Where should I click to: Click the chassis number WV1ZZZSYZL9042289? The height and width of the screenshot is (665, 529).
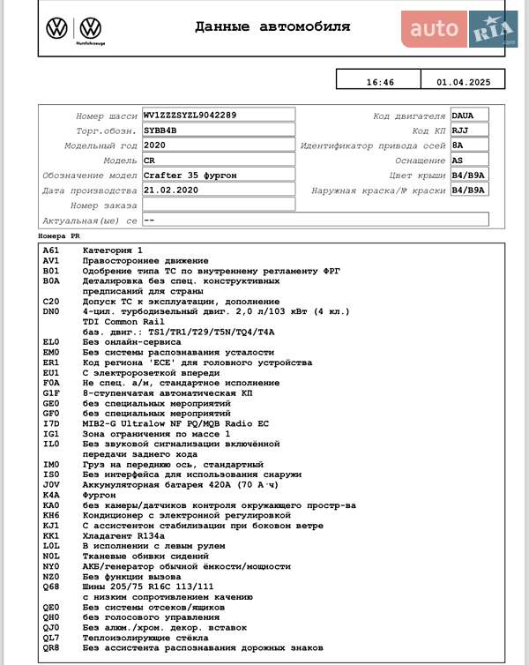coord(190,115)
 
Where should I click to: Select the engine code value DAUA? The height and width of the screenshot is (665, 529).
coord(462,115)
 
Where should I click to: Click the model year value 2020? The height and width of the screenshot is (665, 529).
coord(154,145)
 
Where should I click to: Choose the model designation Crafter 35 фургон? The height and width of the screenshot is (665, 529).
coord(190,175)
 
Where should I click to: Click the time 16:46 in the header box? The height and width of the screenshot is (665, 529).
coord(380,82)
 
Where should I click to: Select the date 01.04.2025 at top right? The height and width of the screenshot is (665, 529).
coord(463,82)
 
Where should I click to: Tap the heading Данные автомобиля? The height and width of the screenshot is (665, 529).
coord(272,27)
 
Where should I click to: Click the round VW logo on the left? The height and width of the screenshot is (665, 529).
coord(56,28)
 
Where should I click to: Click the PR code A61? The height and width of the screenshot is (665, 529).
coord(50,250)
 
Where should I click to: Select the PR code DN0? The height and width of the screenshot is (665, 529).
coord(50,311)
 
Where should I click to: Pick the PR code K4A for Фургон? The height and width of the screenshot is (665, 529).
coord(50,495)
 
